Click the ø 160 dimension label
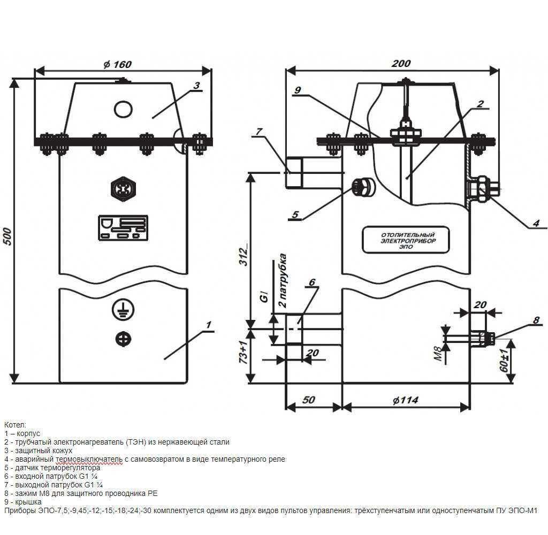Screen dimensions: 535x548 click(x=117, y=64)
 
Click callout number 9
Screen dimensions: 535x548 click(x=298, y=90)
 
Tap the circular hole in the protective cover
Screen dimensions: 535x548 click(x=123, y=109)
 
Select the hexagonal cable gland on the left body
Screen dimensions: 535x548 click(x=123, y=189)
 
